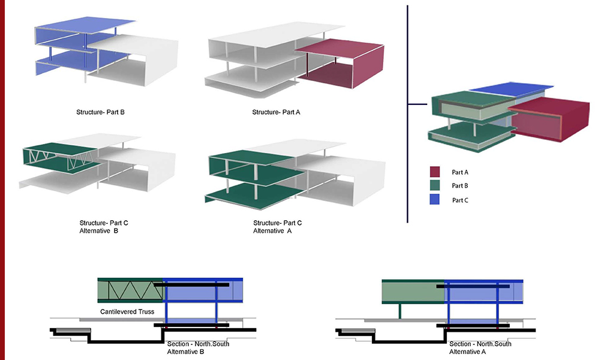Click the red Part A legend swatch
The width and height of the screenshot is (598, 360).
click(435, 171)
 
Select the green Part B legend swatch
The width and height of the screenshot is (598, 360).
click(435, 185)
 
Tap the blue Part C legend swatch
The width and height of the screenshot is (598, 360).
click(435, 200)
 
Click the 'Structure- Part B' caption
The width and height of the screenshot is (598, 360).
click(100, 112)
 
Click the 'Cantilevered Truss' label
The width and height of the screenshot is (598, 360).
click(127, 312)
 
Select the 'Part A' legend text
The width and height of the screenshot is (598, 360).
click(460, 172)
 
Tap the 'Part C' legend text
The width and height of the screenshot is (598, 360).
click(460, 200)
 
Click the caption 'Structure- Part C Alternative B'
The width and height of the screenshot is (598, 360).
click(104, 227)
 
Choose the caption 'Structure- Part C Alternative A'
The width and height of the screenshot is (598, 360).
click(278, 227)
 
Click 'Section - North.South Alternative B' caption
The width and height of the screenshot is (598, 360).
click(198, 347)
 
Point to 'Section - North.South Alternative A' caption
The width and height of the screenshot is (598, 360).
click(480, 347)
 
